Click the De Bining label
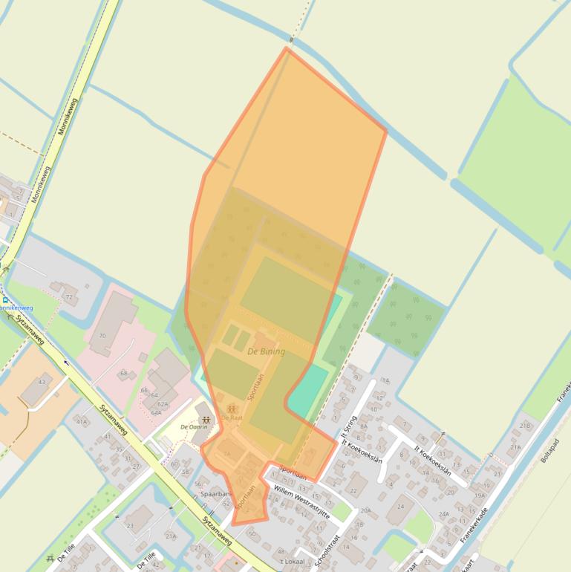pyautogui.click(x=266, y=351)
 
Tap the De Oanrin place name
pyautogui.click(x=193, y=427)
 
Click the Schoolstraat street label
pyautogui.click(x=327, y=550)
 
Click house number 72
pyautogui.click(x=69, y=297)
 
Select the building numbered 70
pyautogui.click(x=102, y=336)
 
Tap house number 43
pyautogui.click(x=41, y=382)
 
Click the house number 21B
pyautogui.click(x=526, y=426)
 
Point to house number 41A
pyautogui.click(x=81, y=421)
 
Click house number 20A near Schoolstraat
pyautogui.click(x=365, y=510)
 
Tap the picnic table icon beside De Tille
pyautogui.click(x=50, y=559)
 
